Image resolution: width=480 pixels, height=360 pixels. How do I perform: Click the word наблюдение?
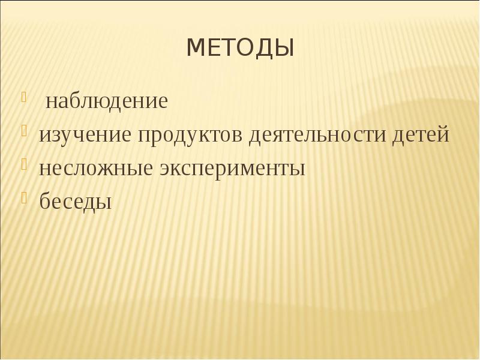(107, 101)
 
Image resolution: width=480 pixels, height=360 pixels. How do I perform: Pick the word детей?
(421, 135)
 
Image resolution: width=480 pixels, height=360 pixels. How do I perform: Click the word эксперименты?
(232, 169)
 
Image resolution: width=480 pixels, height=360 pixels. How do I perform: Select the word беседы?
(76, 202)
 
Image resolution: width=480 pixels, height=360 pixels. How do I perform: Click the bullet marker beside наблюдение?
(25, 96)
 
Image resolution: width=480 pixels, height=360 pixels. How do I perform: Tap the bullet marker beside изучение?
(25, 130)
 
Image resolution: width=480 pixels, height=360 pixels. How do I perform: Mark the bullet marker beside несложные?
(25, 164)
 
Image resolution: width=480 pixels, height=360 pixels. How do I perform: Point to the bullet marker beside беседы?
(25, 197)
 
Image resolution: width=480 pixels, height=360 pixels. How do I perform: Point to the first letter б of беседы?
(45, 200)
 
